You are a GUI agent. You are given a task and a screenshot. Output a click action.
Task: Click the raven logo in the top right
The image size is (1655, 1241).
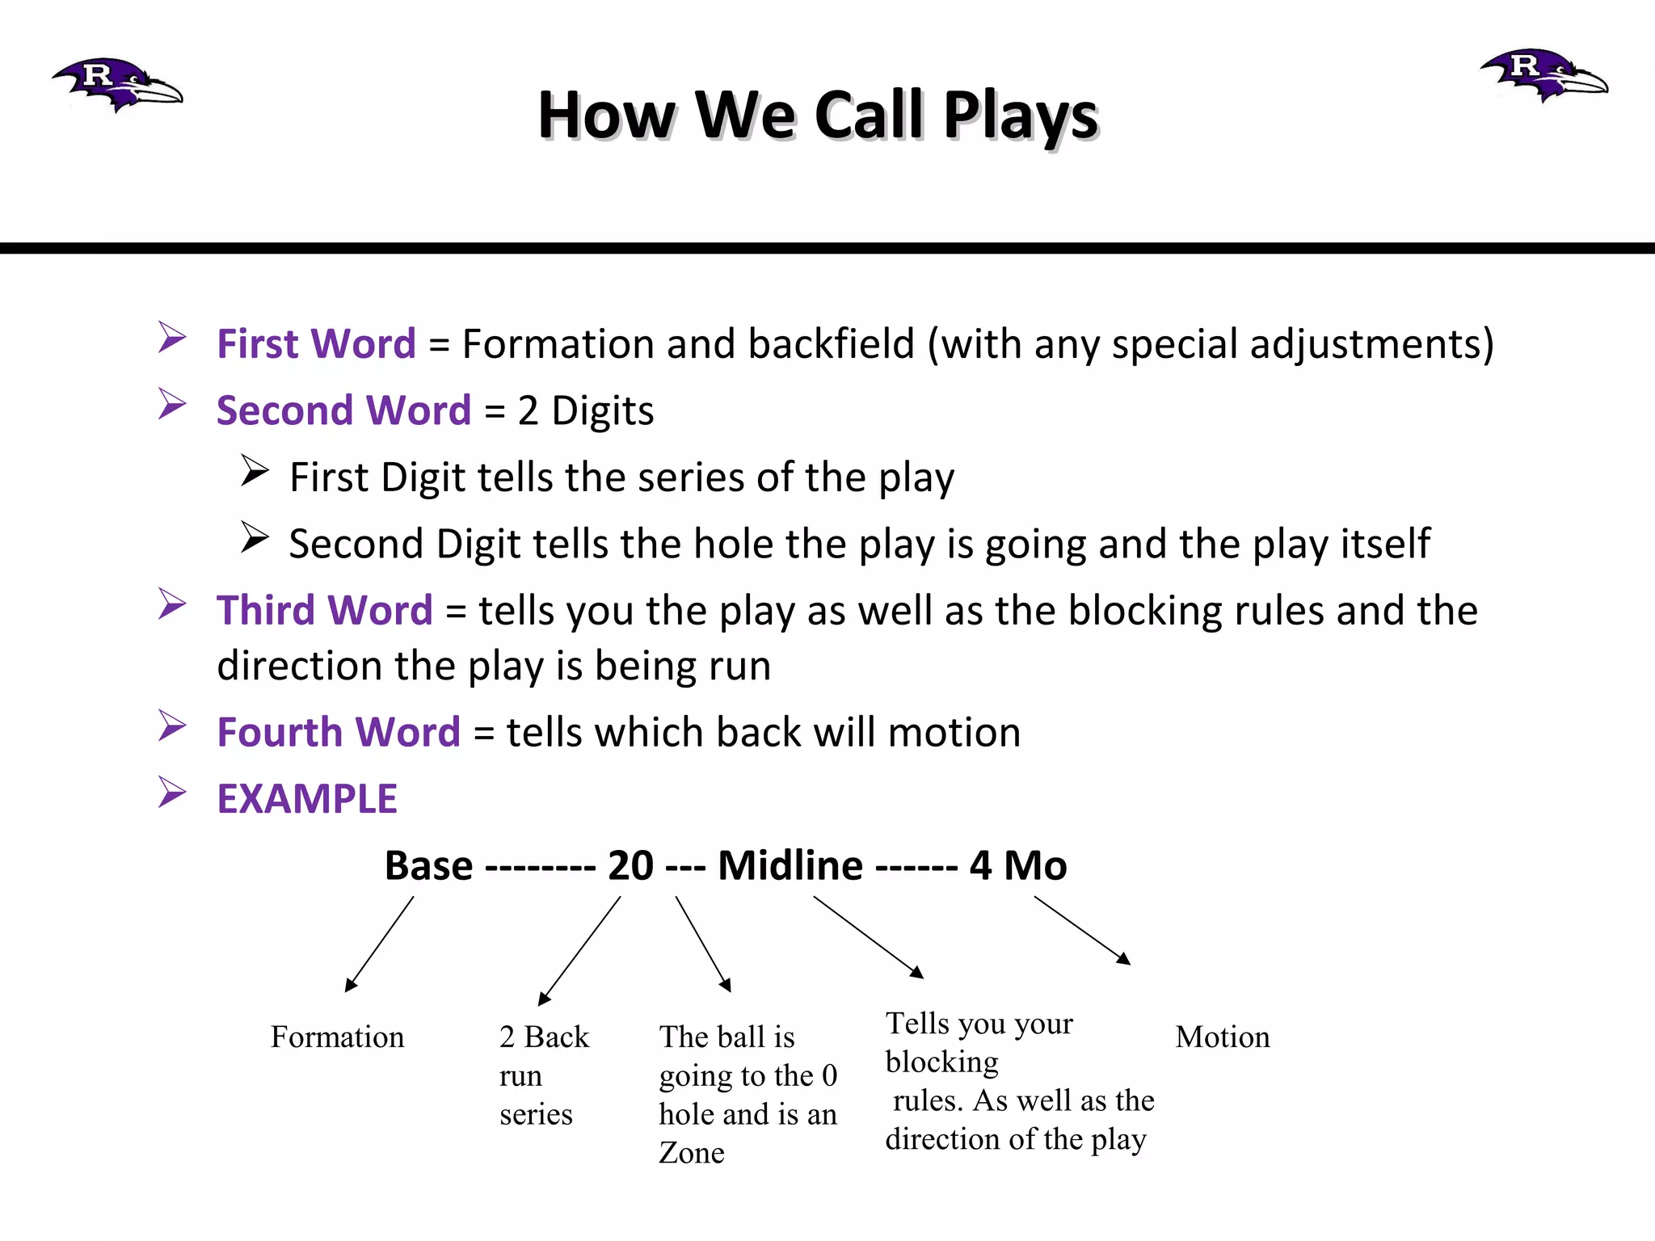(x=1544, y=75)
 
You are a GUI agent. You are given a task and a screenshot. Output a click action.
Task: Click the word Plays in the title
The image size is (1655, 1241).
(x=1021, y=115)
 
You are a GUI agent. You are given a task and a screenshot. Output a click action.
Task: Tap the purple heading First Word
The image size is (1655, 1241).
(x=316, y=343)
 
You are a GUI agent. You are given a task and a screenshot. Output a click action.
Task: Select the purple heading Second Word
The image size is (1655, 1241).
(x=343, y=410)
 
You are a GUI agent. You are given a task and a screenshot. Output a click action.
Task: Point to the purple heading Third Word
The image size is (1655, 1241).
(x=324, y=610)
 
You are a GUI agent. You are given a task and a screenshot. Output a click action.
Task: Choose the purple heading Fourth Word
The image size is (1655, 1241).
(x=338, y=732)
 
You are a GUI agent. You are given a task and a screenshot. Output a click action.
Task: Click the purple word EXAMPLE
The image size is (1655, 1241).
(x=307, y=799)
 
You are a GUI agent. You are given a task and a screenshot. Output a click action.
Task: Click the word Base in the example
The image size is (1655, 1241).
(x=428, y=866)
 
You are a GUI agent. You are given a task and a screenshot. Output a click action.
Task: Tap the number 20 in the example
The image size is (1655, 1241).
(x=630, y=866)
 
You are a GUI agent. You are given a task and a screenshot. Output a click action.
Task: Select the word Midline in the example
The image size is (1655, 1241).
(x=790, y=866)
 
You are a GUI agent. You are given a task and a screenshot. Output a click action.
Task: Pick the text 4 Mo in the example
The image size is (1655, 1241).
(x=1018, y=866)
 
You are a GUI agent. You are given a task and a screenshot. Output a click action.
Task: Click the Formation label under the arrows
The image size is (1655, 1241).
(x=337, y=1037)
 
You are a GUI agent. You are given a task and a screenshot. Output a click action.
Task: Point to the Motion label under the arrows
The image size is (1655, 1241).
(x=1222, y=1037)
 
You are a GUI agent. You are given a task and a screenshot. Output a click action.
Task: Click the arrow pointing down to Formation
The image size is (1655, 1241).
(x=379, y=944)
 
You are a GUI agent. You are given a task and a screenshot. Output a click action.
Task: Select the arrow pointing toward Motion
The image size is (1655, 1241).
(x=1082, y=931)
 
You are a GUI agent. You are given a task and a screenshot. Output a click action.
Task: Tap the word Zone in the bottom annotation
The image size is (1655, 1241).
(x=692, y=1153)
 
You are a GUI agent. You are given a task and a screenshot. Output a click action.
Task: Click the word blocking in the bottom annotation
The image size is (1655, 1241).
(x=941, y=1062)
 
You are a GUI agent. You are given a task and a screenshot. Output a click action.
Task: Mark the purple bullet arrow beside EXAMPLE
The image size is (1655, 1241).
(x=172, y=793)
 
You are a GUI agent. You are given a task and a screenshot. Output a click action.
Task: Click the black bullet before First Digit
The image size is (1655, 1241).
(x=254, y=471)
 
